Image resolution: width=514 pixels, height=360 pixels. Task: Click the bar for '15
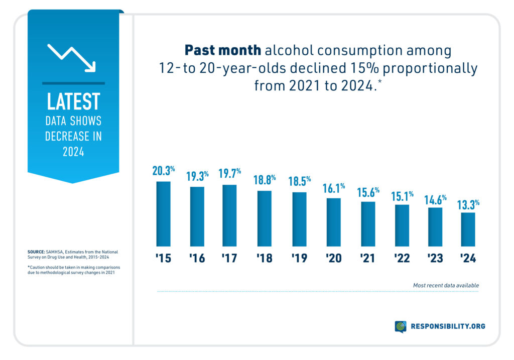coord(163,214)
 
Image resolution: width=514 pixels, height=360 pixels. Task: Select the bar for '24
coord(468,229)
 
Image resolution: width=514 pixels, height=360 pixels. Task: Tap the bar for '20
coord(333,222)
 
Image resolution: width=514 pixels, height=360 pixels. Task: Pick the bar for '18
coord(265,218)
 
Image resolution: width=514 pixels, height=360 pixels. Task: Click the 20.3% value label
coord(163,171)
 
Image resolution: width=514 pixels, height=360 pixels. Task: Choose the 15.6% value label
coord(368,192)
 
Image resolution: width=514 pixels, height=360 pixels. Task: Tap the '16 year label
coord(197,259)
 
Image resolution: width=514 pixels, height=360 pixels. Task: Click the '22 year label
coord(402,259)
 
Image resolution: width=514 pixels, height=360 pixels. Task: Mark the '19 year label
coord(300,259)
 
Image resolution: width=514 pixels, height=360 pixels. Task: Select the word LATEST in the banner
coord(73,101)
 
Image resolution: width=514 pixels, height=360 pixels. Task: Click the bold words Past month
coord(222,51)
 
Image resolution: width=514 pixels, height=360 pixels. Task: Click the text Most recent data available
coord(445,285)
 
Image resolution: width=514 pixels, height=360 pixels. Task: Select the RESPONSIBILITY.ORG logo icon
coord(401,326)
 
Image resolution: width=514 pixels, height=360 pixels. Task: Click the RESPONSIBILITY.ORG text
coord(448,326)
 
